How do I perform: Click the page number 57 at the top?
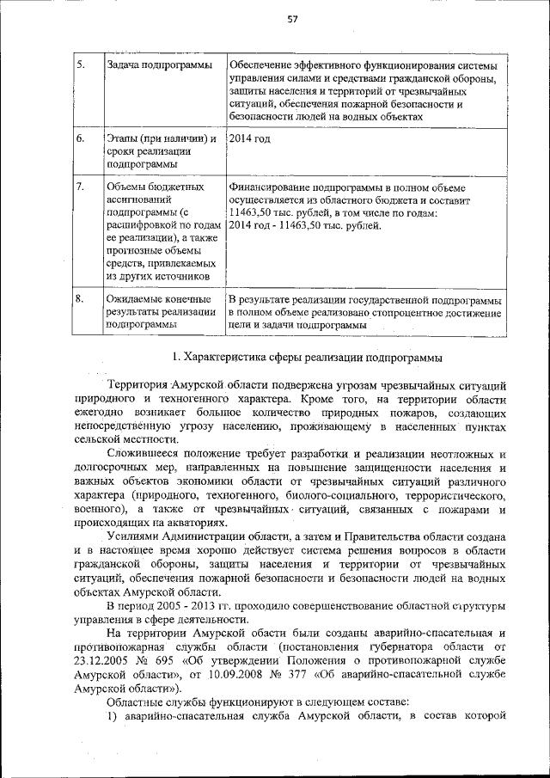point(292,21)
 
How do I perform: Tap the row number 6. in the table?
point(80,138)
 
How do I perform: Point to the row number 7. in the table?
point(80,187)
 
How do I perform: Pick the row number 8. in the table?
point(80,298)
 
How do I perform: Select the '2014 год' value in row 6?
point(250,138)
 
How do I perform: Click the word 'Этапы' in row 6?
point(124,138)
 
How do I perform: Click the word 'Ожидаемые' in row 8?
point(136,298)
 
